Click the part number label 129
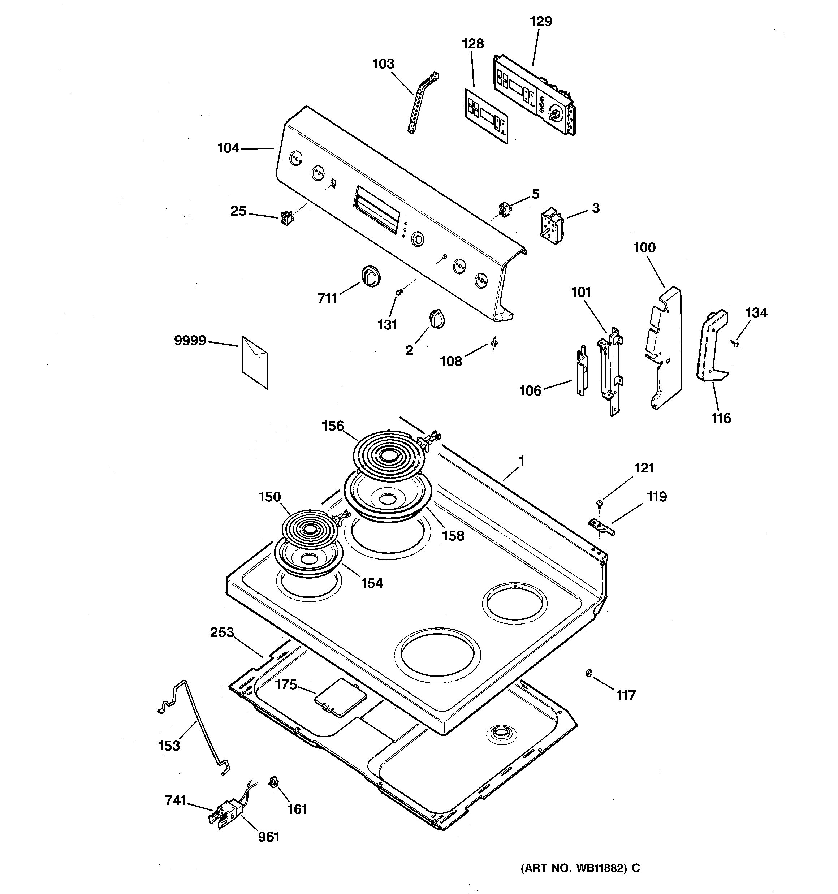click(541, 22)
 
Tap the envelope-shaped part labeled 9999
click(255, 362)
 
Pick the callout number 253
click(222, 632)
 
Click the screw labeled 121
click(599, 503)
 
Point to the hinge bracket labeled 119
click(601, 526)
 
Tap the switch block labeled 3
click(552, 226)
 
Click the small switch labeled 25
click(286, 218)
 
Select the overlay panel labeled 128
click(486, 116)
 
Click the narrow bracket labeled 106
click(582, 371)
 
